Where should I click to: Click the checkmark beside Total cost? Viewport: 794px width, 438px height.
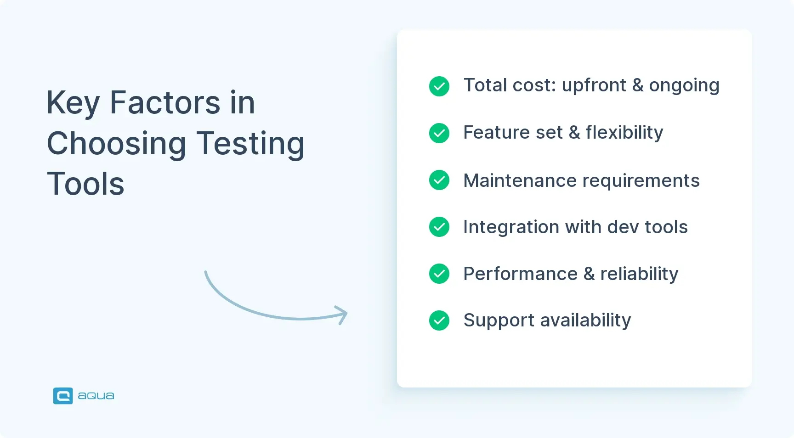pyautogui.click(x=439, y=86)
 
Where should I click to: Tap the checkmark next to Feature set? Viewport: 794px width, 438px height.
pyautogui.click(x=439, y=133)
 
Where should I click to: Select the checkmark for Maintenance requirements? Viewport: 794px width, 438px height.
pyautogui.click(x=439, y=180)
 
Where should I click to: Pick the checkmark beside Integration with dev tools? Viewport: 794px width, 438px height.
pyautogui.click(x=439, y=227)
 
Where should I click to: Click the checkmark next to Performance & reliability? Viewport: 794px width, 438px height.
pyautogui.click(x=439, y=274)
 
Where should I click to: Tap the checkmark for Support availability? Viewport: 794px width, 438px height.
pyautogui.click(x=439, y=320)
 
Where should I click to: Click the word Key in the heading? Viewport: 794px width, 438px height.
pyautogui.click(x=73, y=103)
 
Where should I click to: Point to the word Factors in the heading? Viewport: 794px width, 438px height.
pyautogui.click(x=165, y=102)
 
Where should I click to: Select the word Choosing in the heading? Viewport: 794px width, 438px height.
pyautogui.click(x=116, y=144)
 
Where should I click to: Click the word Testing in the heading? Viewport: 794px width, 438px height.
pyautogui.click(x=250, y=144)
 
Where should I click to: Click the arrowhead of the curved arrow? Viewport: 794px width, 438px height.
pyautogui.click(x=342, y=315)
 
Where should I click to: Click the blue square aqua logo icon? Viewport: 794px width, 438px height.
pyautogui.click(x=63, y=396)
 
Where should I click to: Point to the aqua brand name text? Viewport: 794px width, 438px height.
pyautogui.click(x=96, y=396)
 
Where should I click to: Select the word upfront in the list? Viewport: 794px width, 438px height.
pyautogui.click(x=594, y=86)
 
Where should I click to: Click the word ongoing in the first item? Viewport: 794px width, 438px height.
pyautogui.click(x=684, y=86)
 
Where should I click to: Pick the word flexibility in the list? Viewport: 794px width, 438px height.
pyautogui.click(x=624, y=133)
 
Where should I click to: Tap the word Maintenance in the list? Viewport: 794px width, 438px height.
pyautogui.click(x=520, y=180)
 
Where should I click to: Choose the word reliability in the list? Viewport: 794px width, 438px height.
pyautogui.click(x=639, y=274)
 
